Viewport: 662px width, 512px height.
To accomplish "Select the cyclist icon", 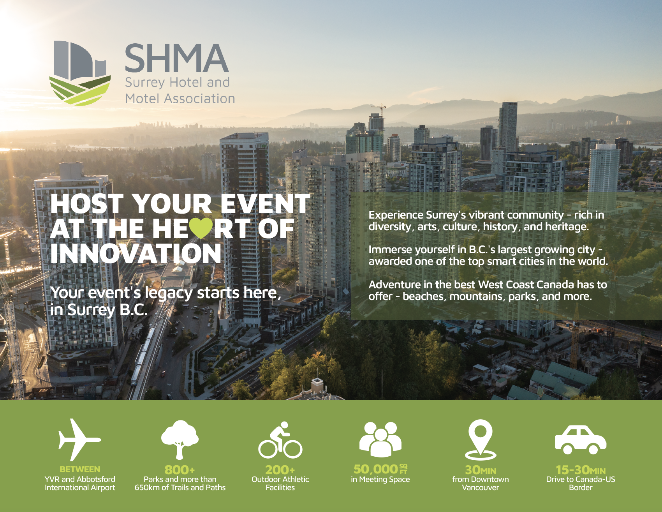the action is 280,440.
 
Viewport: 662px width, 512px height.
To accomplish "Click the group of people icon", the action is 380,440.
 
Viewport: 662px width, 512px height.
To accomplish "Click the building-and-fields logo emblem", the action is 80,73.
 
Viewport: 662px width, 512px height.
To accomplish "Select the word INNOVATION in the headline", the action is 136,253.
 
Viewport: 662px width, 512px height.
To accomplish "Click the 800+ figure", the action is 180,470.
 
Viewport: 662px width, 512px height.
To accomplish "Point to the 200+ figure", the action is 280,470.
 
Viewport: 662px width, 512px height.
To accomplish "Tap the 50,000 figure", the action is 376,469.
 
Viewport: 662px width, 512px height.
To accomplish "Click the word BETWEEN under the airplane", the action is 80,469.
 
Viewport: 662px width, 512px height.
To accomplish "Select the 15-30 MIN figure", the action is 581,470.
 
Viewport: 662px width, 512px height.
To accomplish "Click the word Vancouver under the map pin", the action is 481,487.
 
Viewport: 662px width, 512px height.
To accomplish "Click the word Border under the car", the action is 581,487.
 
